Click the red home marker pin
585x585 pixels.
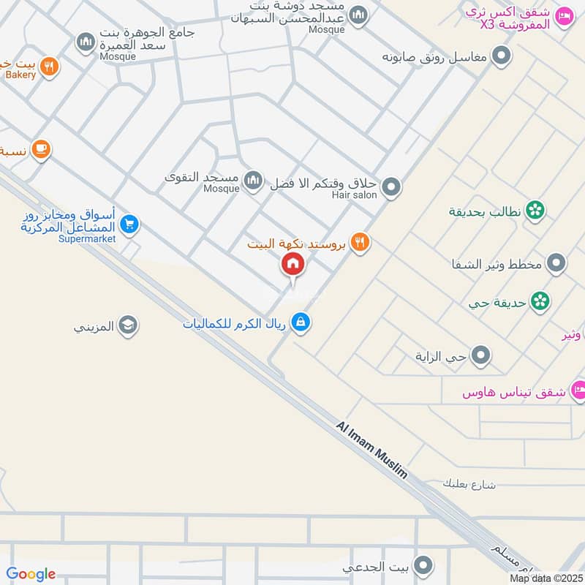point(293,264)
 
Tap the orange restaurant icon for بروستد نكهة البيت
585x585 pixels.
point(359,242)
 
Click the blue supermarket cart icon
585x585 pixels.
point(129,224)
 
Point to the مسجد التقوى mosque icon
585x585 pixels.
point(253,179)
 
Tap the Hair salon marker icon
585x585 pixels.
point(392,187)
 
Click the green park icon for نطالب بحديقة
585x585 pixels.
point(535,211)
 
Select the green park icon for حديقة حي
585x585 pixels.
point(540,301)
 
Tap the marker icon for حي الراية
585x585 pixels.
point(481,356)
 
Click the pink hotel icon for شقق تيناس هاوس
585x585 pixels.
point(578,389)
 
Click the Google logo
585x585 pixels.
point(31,574)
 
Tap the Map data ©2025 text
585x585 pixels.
point(546,578)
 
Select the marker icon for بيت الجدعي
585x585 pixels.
point(422,567)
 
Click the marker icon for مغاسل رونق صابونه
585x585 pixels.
point(502,56)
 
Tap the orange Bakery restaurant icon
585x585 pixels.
point(50,67)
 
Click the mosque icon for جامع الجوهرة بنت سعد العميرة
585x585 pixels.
point(86,42)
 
